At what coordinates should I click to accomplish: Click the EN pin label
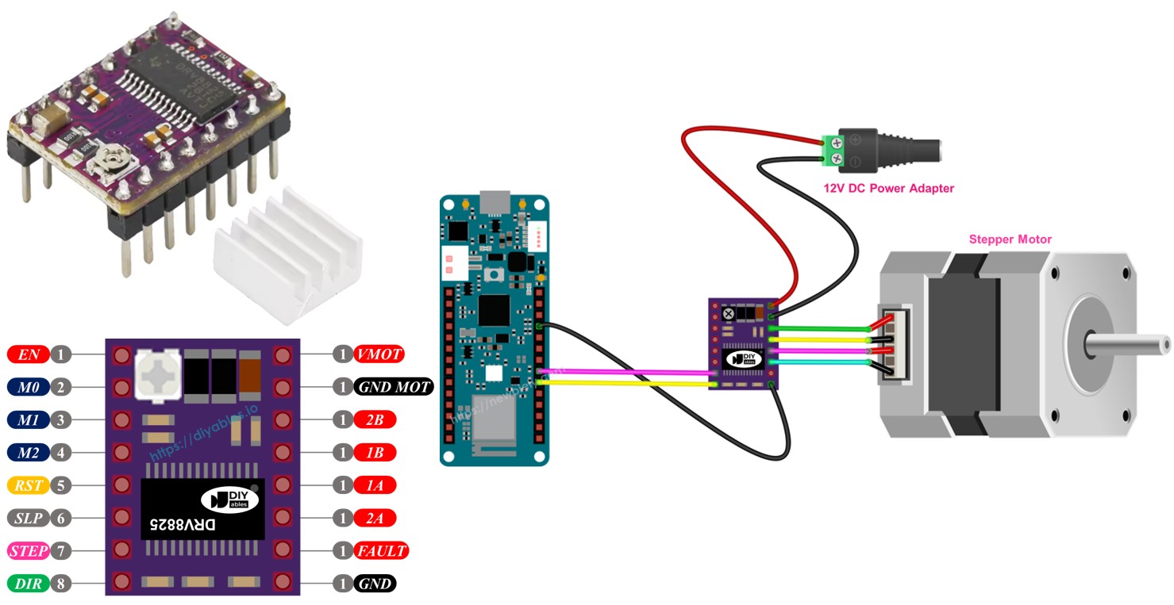tap(28, 354)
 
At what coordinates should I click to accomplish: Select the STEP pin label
tap(29, 550)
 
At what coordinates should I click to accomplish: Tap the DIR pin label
tap(28, 584)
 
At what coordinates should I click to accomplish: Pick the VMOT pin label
tap(379, 354)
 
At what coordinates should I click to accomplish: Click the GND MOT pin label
tap(393, 387)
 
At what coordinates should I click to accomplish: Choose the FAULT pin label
tap(381, 550)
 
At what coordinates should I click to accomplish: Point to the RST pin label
tap(28, 484)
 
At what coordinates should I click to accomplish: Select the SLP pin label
tap(28, 518)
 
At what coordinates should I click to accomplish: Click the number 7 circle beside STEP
tap(60, 550)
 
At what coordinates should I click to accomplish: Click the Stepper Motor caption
tap(1010, 239)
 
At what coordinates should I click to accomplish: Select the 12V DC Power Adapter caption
tap(888, 189)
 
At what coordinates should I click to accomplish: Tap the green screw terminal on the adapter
tap(833, 151)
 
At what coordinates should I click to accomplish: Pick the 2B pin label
tap(375, 419)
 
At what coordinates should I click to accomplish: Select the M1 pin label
tap(28, 419)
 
